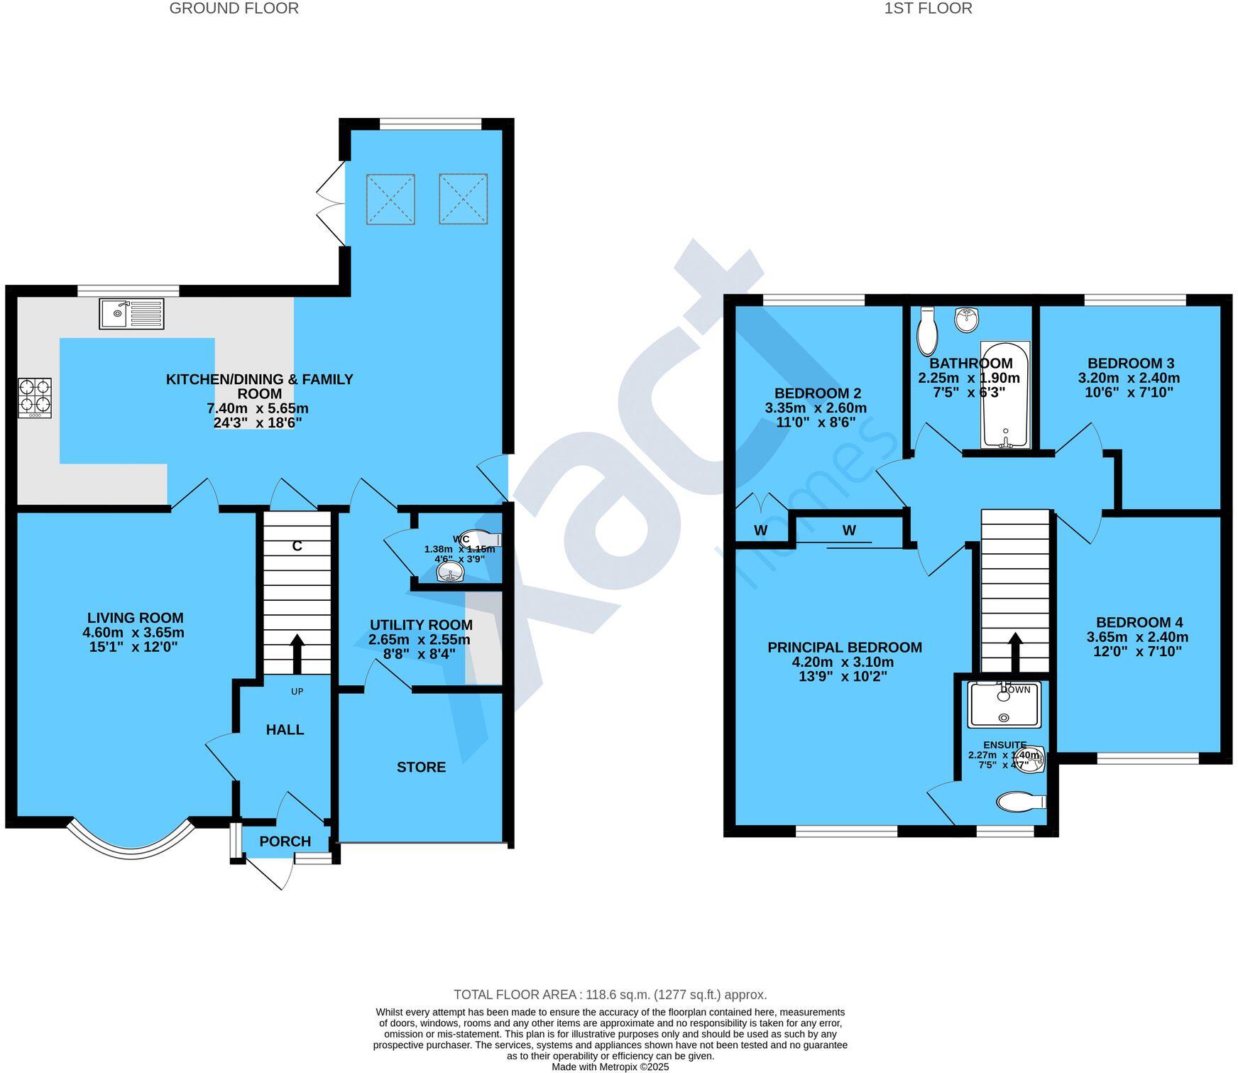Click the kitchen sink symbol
point(132,313)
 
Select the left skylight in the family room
point(390,200)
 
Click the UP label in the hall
point(297,691)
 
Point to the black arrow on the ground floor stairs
point(297,653)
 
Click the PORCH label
point(285,841)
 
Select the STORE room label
point(421,767)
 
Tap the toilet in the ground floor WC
point(480,539)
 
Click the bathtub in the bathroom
point(1004,395)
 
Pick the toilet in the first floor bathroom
point(927,332)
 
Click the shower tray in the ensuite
point(1004,704)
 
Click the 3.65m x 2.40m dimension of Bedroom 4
point(1137,637)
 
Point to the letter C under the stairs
point(297,546)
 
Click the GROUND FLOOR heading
point(234,9)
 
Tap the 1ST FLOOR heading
point(928,9)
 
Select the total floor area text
point(610,995)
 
